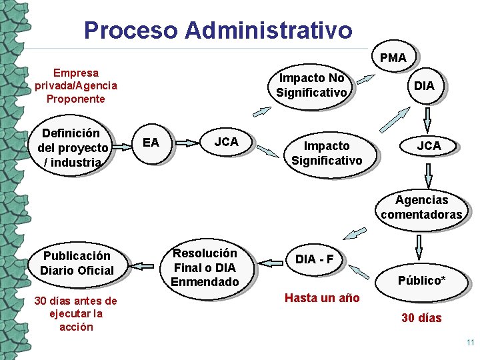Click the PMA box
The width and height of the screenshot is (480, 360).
pyautogui.click(x=393, y=58)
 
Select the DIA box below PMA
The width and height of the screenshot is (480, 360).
pyautogui.click(x=424, y=86)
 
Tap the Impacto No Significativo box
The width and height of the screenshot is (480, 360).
pyautogui.click(x=311, y=86)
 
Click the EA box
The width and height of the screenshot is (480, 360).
pyautogui.click(x=151, y=143)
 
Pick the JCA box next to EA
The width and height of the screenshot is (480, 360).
pyautogui.click(x=226, y=142)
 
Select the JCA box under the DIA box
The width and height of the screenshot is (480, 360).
pyautogui.click(x=429, y=146)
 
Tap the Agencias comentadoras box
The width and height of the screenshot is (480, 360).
pyautogui.click(x=421, y=207)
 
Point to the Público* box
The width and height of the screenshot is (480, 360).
pyautogui.click(x=421, y=280)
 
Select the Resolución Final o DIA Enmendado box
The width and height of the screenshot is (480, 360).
pyautogui.click(x=205, y=267)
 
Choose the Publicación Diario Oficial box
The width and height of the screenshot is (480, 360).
pyautogui.click(x=77, y=263)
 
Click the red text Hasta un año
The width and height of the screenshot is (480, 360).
pyautogui.click(x=322, y=298)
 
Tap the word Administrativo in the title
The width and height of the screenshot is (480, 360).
pyautogui.click(x=269, y=30)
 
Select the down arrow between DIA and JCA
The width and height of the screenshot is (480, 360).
pyautogui.click(x=428, y=119)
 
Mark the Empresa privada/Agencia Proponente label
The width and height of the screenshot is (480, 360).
pyautogui.click(x=75, y=86)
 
